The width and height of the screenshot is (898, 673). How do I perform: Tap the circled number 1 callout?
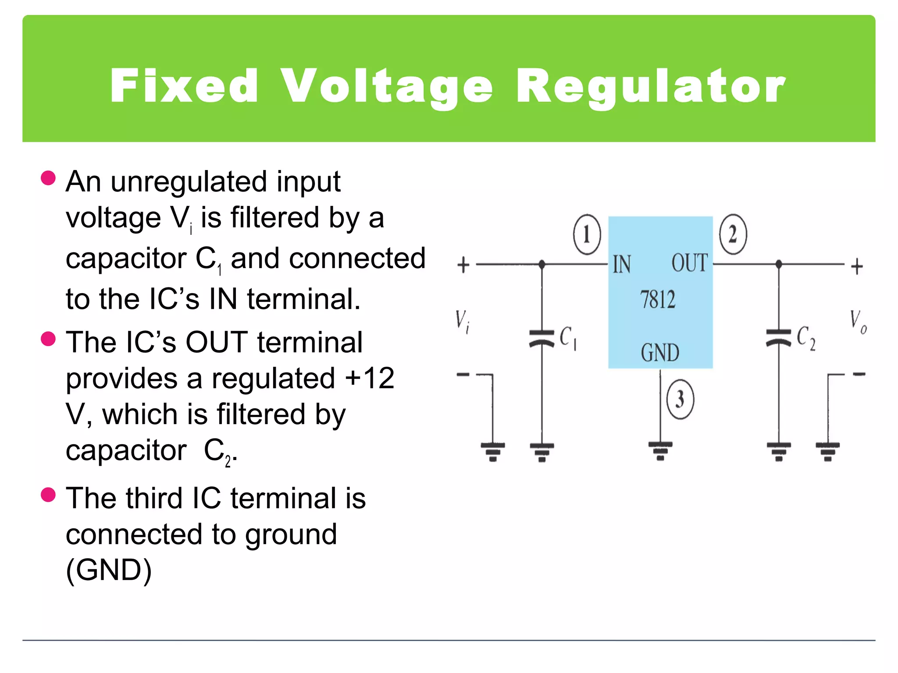(x=587, y=234)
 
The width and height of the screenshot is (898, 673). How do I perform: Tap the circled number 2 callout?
(x=733, y=234)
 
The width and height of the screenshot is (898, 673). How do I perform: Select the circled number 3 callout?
(x=680, y=399)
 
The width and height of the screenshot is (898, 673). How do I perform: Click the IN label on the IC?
(x=622, y=265)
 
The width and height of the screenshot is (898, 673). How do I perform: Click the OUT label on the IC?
(x=689, y=263)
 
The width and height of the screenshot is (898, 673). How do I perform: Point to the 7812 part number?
(x=658, y=300)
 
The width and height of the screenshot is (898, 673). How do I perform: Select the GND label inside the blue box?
(x=660, y=353)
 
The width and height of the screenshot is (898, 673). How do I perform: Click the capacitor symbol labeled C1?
(x=542, y=338)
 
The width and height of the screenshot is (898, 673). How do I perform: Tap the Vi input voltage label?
(x=462, y=321)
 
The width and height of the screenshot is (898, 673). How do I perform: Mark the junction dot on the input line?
(x=542, y=264)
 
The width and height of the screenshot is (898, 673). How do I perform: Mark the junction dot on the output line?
(x=779, y=264)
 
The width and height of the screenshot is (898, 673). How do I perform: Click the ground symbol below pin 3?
(x=660, y=450)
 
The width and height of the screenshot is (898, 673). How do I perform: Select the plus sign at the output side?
(x=857, y=266)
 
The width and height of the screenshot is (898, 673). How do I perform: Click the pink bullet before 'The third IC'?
(x=48, y=495)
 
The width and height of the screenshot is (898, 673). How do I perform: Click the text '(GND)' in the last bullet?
(x=109, y=570)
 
